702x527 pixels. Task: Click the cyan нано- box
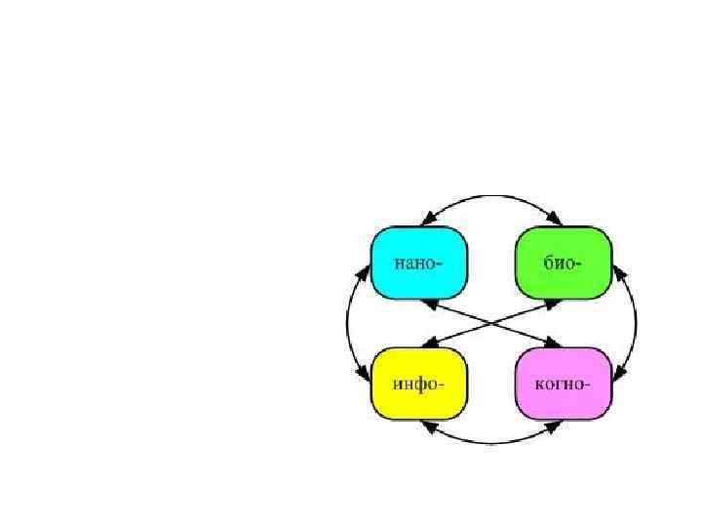(x=420, y=263)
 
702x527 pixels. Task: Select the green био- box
(x=563, y=263)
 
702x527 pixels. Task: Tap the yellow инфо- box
(x=420, y=382)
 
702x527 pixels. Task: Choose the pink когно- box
(x=563, y=382)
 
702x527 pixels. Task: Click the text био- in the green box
(x=564, y=263)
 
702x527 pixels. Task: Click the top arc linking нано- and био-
(x=492, y=194)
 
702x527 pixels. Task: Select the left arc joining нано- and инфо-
(x=348, y=322)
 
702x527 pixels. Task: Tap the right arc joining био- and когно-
(x=636, y=322)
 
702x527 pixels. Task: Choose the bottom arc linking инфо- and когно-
(x=492, y=443)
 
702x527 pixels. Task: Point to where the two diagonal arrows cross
(x=492, y=322)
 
